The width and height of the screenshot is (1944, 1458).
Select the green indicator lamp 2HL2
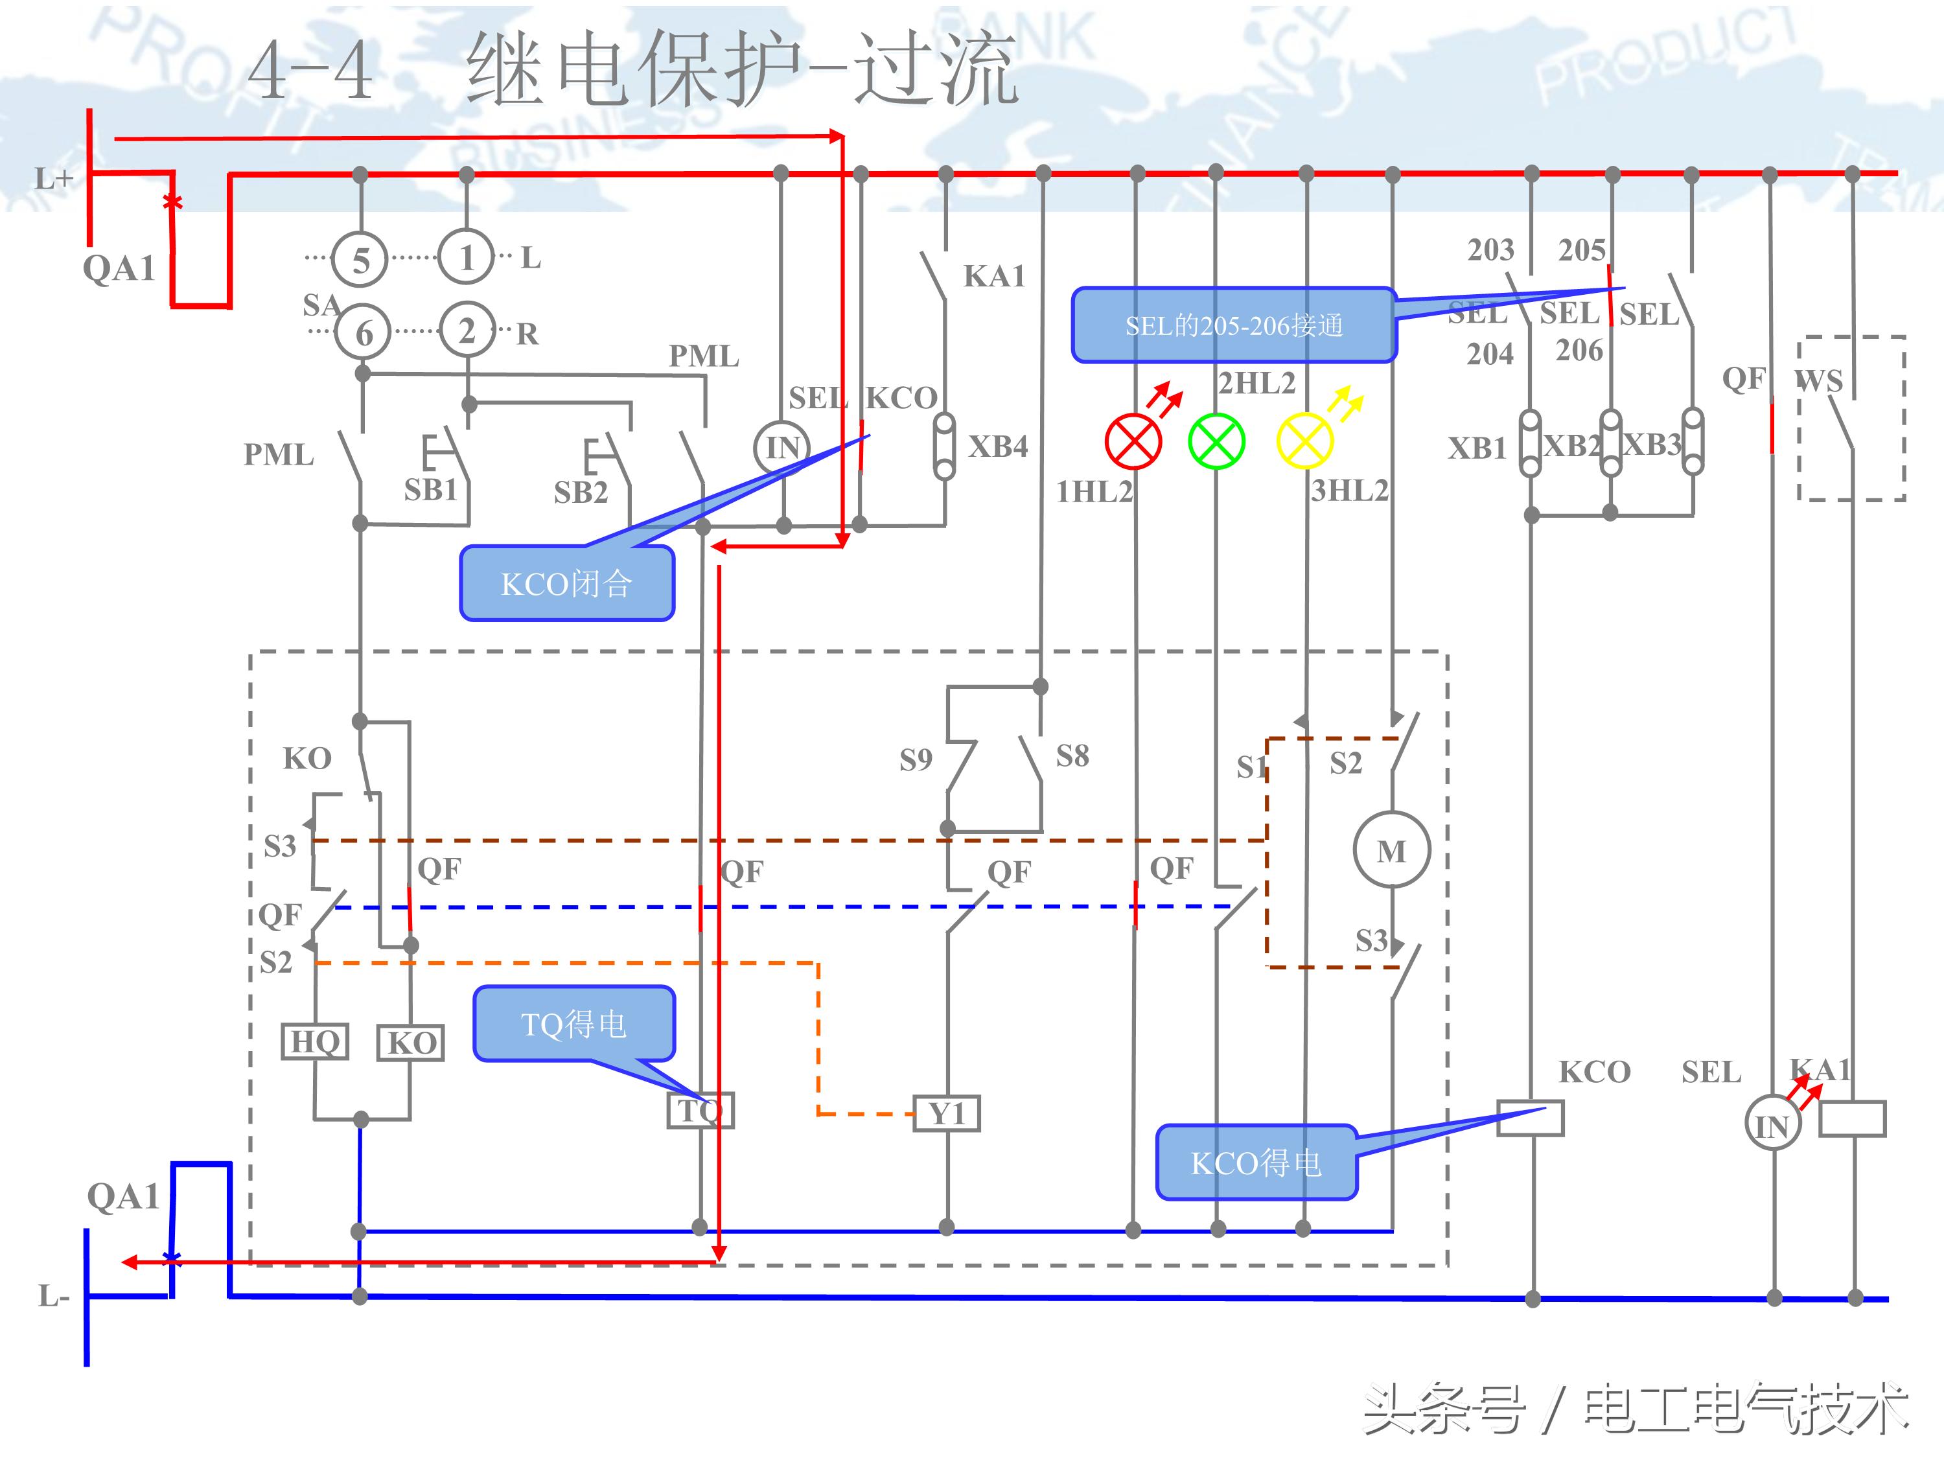[1216, 441]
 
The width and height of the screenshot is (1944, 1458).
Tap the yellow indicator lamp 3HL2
[1304, 441]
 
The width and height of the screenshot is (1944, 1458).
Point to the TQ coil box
[700, 1111]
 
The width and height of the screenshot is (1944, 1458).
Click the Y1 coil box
[947, 1113]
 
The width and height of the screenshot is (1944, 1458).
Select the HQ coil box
[315, 1041]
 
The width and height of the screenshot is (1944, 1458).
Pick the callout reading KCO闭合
[567, 584]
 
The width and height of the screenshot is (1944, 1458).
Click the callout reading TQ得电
[574, 1024]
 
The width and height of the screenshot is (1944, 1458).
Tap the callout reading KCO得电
[1256, 1163]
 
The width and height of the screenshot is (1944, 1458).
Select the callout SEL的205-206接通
[1234, 325]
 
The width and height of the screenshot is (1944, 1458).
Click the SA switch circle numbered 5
[360, 259]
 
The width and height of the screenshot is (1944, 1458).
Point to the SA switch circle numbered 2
[467, 330]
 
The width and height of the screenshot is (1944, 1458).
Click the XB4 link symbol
[945, 446]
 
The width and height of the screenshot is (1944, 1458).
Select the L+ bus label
[52, 179]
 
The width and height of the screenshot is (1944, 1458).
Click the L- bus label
[52, 1295]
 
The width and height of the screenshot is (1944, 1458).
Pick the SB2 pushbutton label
[580, 492]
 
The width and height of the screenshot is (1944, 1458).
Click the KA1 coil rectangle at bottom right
[1852, 1118]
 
